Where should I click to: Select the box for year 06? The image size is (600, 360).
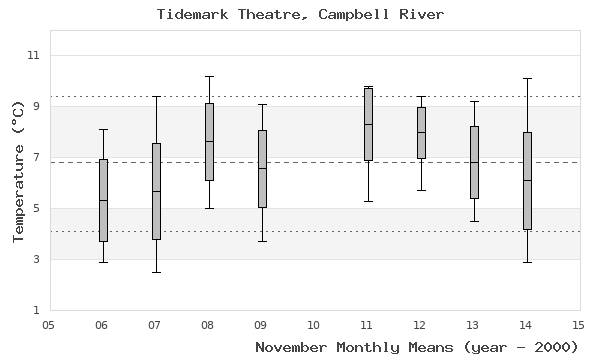click(x=103, y=200)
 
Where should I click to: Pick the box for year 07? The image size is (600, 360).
click(x=156, y=191)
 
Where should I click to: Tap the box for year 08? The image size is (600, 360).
click(x=209, y=141)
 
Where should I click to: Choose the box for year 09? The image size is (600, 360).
click(x=262, y=168)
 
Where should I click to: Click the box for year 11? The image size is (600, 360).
click(x=368, y=123)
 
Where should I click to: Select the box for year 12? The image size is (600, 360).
click(x=421, y=132)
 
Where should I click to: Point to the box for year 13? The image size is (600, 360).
click(x=474, y=162)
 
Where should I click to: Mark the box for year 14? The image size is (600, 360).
click(x=527, y=180)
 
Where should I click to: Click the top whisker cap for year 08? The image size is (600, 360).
click(x=209, y=76)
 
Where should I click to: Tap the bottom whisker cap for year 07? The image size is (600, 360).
click(x=156, y=272)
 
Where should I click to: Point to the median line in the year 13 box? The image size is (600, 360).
click(x=474, y=162)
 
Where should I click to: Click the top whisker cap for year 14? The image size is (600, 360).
click(x=527, y=78)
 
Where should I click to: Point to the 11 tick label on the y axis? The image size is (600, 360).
click(x=33, y=55)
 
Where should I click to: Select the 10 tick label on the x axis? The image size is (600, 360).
click(x=314, y=324)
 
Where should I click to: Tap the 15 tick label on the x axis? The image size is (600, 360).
click(x=578, y=324)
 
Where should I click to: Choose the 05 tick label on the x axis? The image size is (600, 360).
click(x=49, y=324)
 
